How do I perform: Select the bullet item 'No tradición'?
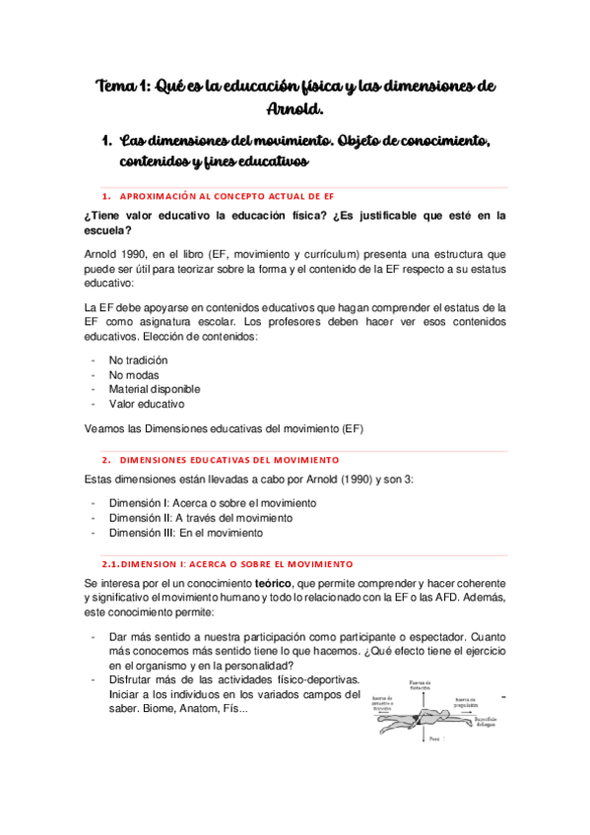click(138, 360)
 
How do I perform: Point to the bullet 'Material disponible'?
click(154, 389)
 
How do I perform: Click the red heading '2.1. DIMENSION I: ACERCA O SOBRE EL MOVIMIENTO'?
click(227, 564)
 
